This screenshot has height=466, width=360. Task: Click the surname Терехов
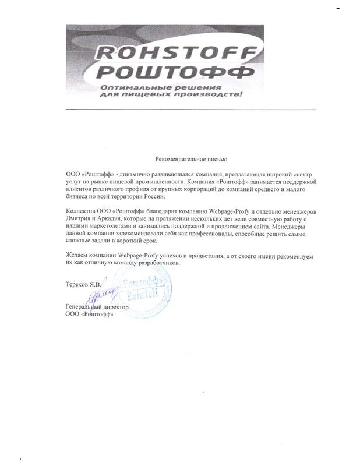[x=79, y=284]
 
